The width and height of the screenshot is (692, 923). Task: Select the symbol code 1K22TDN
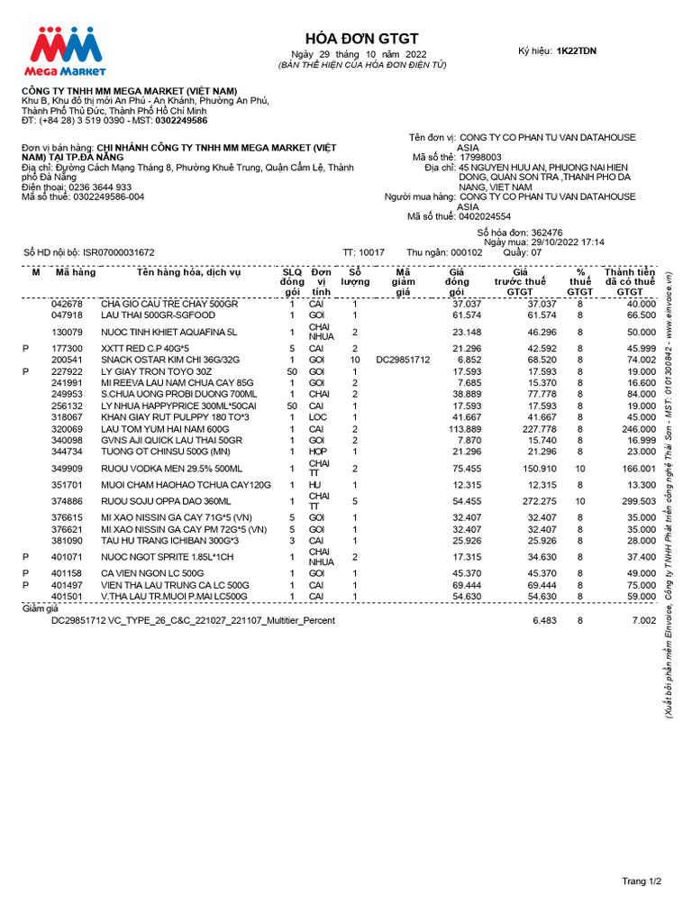pos(576,51)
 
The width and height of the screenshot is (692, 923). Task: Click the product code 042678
pos(67,304)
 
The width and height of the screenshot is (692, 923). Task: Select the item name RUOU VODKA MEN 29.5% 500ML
pos(171,469)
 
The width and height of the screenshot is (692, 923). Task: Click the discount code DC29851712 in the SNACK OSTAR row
pos(403,359)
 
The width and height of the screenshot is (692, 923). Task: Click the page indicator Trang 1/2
pos(642,881)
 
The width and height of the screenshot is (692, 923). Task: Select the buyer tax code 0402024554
pos(486,216)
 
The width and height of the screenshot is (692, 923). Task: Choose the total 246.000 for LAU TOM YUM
pos(637,430)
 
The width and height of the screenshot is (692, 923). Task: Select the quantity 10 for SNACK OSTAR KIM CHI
pos(355,359)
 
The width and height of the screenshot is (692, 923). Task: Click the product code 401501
pos(67,596)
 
